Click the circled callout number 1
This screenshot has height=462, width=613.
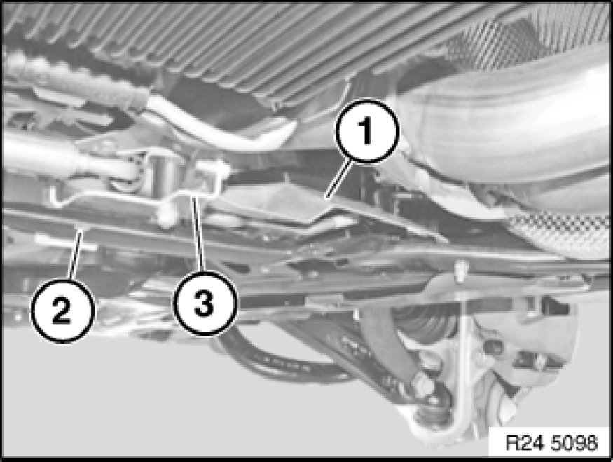pos(366,131)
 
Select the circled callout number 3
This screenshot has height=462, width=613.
pos(205,303)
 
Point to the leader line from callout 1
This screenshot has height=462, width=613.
pos(339,179)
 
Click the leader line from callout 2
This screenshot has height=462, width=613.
pos(76,255)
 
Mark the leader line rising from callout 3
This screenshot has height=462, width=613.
pos(198,234)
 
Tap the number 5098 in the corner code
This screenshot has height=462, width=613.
pos(574,443)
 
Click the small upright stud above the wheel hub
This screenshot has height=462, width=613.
pos(461,271)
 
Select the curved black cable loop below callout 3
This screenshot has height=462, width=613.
pos(282,358)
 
